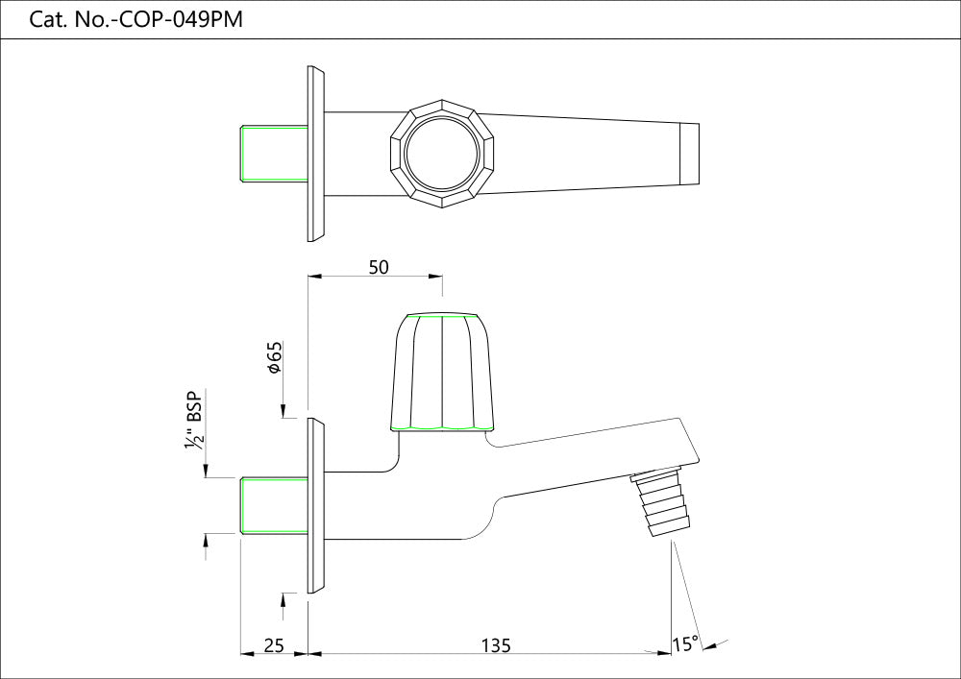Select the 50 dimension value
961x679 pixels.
tap(379, 268)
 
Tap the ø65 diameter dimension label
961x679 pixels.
tap(274, 356)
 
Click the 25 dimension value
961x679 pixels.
tap(273, 645)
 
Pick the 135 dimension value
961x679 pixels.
tap(494, 645)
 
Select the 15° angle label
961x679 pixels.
tap(686, 644)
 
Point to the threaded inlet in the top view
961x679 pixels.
tap(273, 154)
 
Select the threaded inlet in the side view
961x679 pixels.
tap(273, 504)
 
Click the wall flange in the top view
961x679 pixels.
tap(316, 154)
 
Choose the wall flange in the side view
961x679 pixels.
tap(316, 505)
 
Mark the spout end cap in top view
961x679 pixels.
tap(690, 154)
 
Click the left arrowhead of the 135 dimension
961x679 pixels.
tap(314, 654)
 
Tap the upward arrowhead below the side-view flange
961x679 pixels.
tap(283, 599)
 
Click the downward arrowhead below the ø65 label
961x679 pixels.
tap(283, 412)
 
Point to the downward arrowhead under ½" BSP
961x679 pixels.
tap(207, 470)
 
